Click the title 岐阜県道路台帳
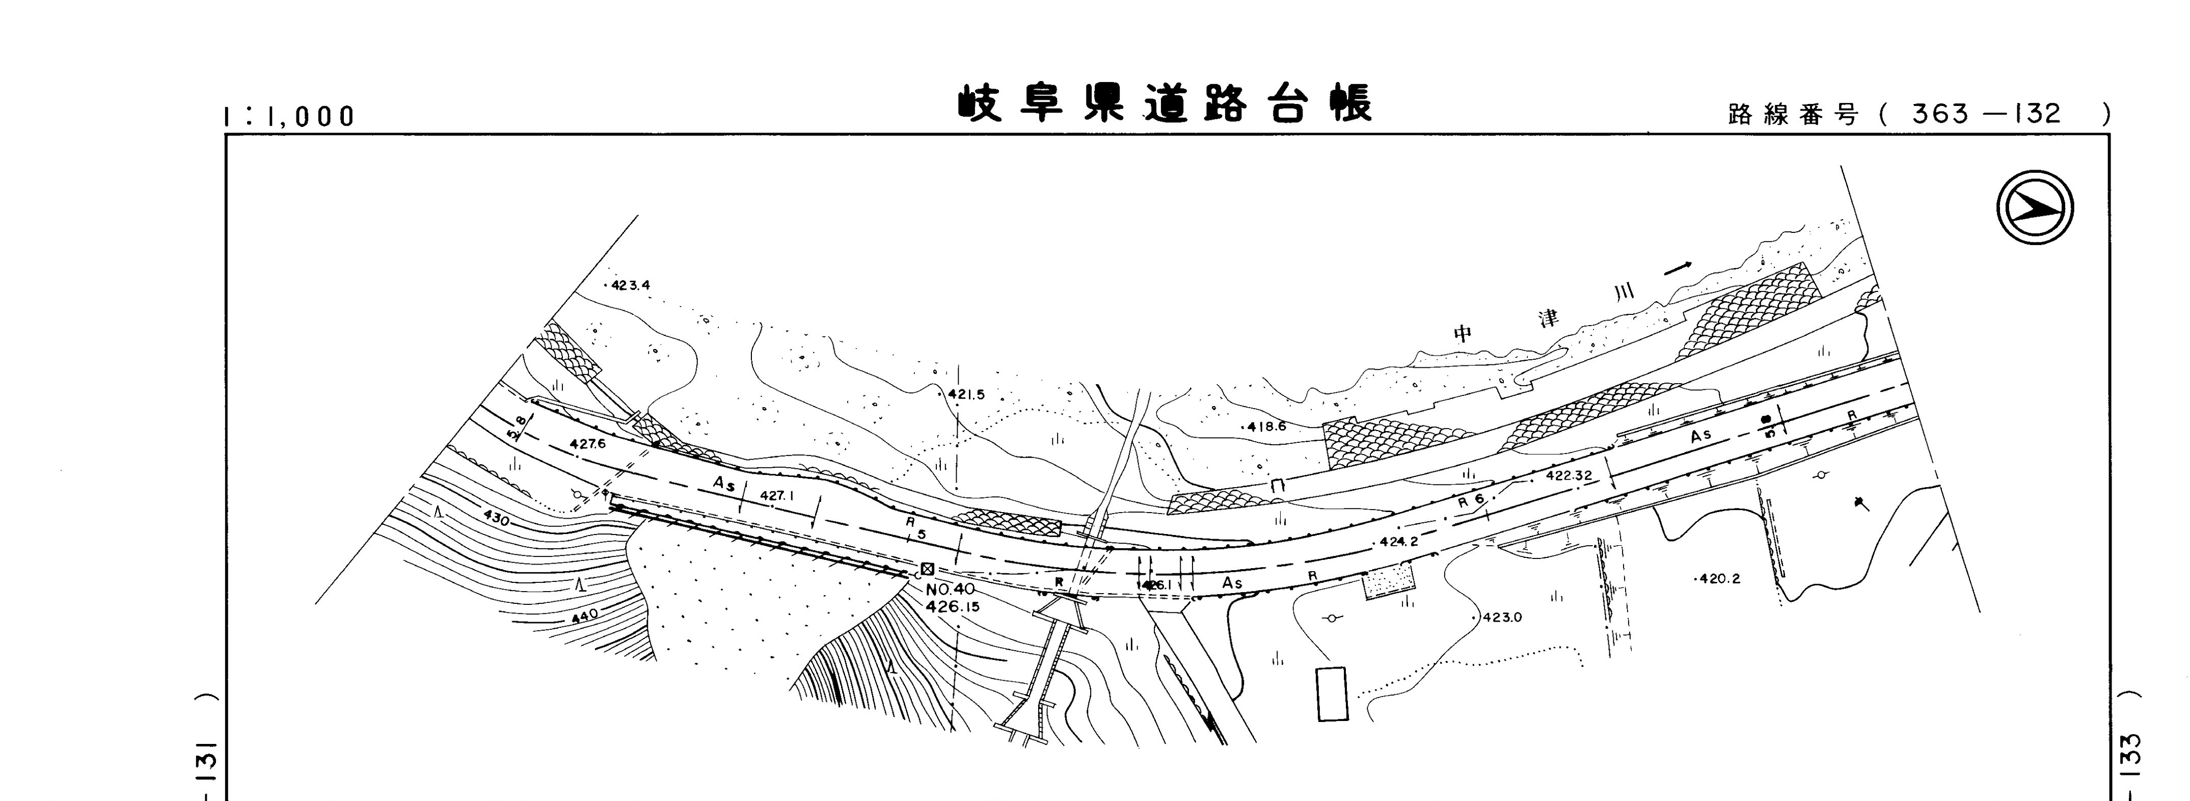click(1164, 104)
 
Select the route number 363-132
click(1986, 114)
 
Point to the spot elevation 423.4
click(630, 286)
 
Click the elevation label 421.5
click(966, 394)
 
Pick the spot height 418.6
click(1267, 427)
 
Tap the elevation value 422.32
click(1569, 475)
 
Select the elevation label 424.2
click(1398, 542)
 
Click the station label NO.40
click(951, 589)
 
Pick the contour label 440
click(585, 615)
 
